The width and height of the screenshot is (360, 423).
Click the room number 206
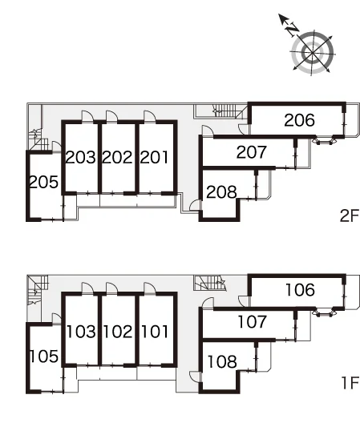299,120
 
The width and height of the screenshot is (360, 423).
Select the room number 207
252,152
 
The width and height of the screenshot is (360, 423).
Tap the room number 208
221,192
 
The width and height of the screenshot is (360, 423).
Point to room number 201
154,157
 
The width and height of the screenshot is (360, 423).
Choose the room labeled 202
118,157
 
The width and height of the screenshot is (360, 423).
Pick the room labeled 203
80,157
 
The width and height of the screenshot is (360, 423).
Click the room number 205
43,182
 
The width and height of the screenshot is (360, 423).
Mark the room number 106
300,290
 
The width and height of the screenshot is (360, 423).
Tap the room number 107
252,322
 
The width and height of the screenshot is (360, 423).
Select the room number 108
222,361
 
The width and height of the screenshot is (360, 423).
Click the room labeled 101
155,332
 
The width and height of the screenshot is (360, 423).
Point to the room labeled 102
118,332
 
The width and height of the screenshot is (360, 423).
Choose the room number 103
81,332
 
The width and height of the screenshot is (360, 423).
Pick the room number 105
44,356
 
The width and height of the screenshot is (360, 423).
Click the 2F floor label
350,216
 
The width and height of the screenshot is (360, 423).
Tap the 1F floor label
350,383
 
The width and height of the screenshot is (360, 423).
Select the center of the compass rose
313,52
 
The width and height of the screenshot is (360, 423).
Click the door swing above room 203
87,116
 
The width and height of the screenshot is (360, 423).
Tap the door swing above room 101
150,288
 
